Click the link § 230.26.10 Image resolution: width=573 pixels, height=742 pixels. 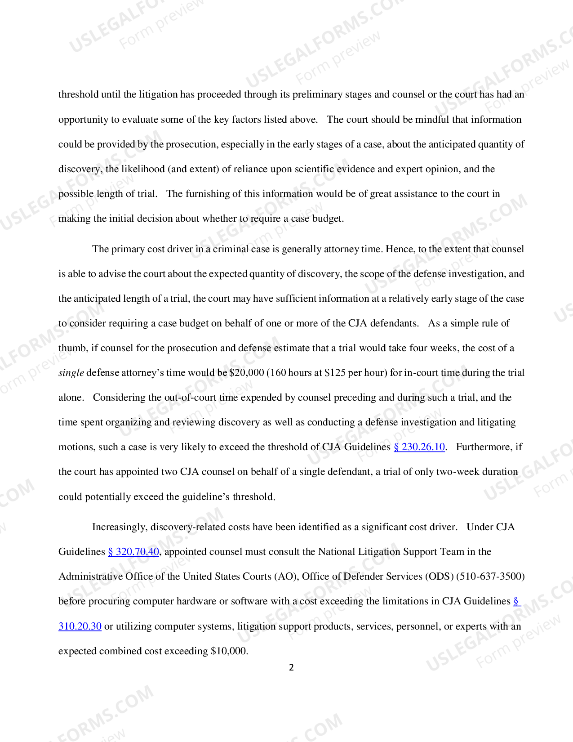tap(419, 447)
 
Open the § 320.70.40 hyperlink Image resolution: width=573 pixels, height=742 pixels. tap(133, 552)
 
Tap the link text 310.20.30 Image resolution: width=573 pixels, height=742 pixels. tap(80, 626)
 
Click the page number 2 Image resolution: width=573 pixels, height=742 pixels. tap(291, 668)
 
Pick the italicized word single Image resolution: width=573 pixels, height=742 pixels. tap(71, 373)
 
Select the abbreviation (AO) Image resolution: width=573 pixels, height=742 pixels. tap(285, 577)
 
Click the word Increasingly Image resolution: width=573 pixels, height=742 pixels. tap(119, 527)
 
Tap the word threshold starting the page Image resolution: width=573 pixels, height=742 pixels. tap(78, 94)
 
